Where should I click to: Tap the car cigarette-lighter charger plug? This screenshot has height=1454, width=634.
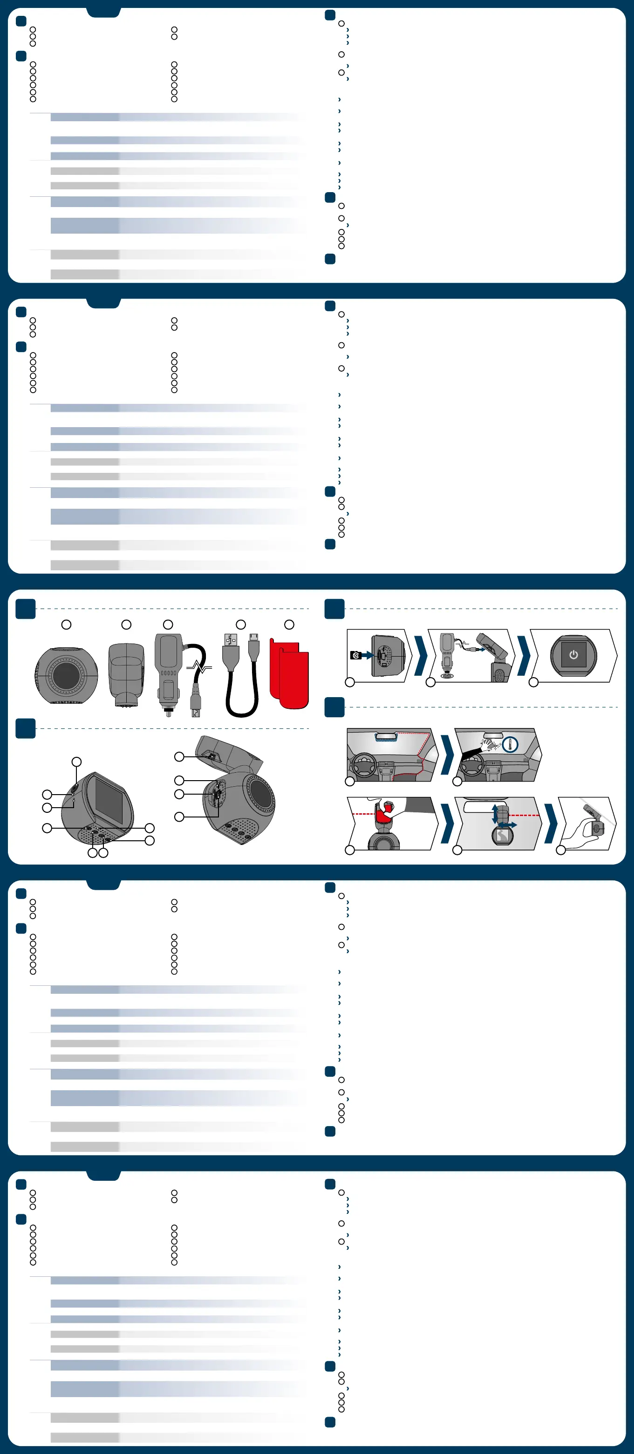(168, 672)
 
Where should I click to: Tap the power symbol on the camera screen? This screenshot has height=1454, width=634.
(573, 655)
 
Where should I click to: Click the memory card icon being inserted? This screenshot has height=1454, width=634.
(355, 655)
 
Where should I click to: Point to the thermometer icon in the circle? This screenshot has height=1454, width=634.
(510, 745)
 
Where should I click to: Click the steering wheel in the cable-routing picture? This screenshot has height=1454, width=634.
(363, 767)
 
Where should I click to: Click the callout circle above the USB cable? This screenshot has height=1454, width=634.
(241, 625)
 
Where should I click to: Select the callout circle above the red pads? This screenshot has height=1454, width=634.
(289, 625)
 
